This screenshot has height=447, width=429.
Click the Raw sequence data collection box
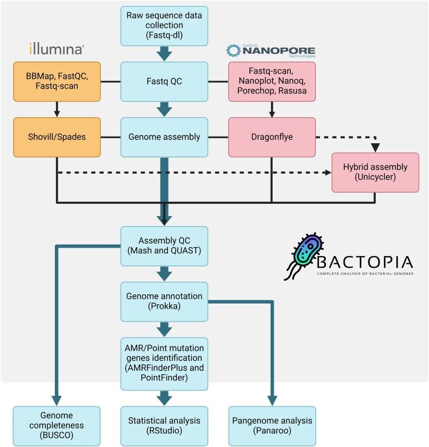tap(165, 26)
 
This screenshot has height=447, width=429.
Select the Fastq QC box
tap(165, 81)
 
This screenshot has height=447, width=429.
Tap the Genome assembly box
tap(165, 137)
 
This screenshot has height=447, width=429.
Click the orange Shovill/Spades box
tap(57, 137)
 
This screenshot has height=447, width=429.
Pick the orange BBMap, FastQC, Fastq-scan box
tap(57, 81)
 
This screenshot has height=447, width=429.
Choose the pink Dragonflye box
tap(272, 137)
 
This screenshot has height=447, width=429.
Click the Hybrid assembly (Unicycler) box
tap(375, 172)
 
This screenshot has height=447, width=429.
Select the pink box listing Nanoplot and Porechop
tap(272, 81)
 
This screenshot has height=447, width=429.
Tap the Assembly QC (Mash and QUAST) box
tap(165, 244)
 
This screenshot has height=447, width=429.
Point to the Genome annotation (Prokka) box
tap(165, 300)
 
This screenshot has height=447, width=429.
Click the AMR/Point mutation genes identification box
tap(165, 363)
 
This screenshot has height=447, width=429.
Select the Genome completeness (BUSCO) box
tap(57, 426)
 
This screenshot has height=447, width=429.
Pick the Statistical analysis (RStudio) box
tap(165, 426)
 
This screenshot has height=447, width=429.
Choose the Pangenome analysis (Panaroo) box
tap(272, 426)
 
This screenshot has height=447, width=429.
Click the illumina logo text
tap(57, 49)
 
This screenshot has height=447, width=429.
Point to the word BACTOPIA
tap(366, 262)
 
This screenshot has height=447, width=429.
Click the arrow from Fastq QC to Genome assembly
tap(165, 109)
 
